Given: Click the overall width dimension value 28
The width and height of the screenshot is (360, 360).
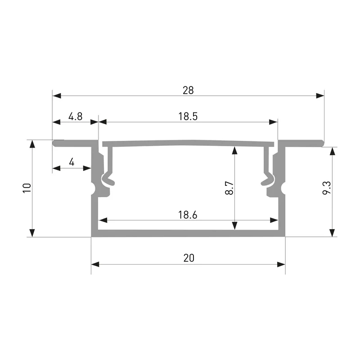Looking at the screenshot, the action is tap(188, 90).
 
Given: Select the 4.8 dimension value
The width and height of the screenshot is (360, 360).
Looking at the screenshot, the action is tap(75, 117).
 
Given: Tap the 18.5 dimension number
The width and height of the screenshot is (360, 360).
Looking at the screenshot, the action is tap(188, 117).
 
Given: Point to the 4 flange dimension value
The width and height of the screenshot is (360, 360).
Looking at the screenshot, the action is tap(72, 162).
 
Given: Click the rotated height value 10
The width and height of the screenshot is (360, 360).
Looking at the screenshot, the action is tap(27, 188).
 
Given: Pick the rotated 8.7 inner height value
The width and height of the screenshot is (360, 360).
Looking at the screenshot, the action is tap(229, 188).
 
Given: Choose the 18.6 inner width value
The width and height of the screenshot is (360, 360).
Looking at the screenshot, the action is tap(188, 215).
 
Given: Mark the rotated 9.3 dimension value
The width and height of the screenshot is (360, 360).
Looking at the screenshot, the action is tap(327, 188).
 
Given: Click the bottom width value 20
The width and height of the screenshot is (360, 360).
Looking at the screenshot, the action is tap(189, 258).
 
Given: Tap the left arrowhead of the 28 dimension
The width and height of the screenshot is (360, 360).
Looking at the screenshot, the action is tap(57, 96).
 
